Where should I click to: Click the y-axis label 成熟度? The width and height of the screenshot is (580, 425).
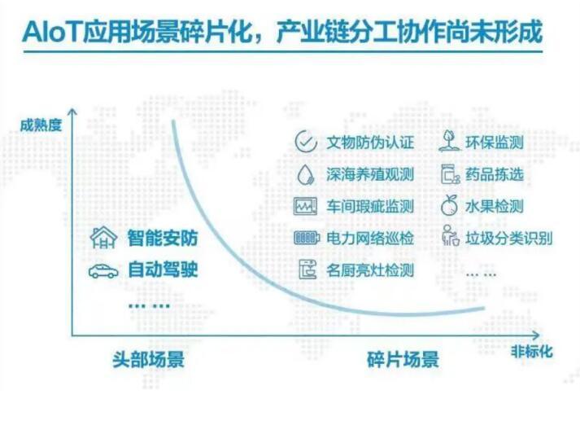click(41, 125)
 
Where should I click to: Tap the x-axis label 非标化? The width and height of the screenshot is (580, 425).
click(531, 352)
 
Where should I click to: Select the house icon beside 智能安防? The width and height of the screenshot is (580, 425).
click(103, 237)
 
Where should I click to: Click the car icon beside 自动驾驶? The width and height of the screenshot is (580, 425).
click(103, 271)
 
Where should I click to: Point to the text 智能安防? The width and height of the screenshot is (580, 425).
click(163, 238)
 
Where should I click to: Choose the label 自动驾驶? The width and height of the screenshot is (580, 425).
click(163, 269)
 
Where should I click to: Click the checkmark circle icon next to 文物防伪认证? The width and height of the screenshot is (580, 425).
click(306, 142)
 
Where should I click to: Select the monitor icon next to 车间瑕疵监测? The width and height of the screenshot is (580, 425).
click(306, 207)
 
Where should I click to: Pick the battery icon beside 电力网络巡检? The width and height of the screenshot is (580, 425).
click(307, 238)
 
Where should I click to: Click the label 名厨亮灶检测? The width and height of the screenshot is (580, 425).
click(370, 270)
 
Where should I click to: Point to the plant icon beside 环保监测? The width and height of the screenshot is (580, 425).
click(449, 141)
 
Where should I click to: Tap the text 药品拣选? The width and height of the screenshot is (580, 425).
click(495, 174)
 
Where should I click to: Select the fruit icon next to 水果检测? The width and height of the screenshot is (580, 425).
click(449, 205)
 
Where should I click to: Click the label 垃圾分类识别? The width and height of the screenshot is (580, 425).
click(509, 238)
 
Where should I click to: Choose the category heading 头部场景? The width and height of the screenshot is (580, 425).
click(148, 360)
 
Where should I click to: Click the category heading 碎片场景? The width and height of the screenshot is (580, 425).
click(403, 360)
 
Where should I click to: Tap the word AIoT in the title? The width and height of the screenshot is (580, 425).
click(51, 32)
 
